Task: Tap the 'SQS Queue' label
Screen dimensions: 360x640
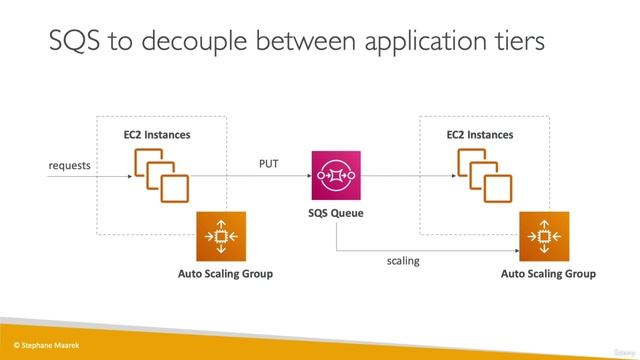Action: [335, 214]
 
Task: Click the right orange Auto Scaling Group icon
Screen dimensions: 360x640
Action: [543, 236]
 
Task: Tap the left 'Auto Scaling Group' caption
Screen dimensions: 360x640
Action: [224, 273]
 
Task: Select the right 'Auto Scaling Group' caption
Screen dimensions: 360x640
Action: [547, 273]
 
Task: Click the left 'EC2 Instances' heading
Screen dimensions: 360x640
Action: [157, 134]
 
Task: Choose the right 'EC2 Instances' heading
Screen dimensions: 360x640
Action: [479, 134]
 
